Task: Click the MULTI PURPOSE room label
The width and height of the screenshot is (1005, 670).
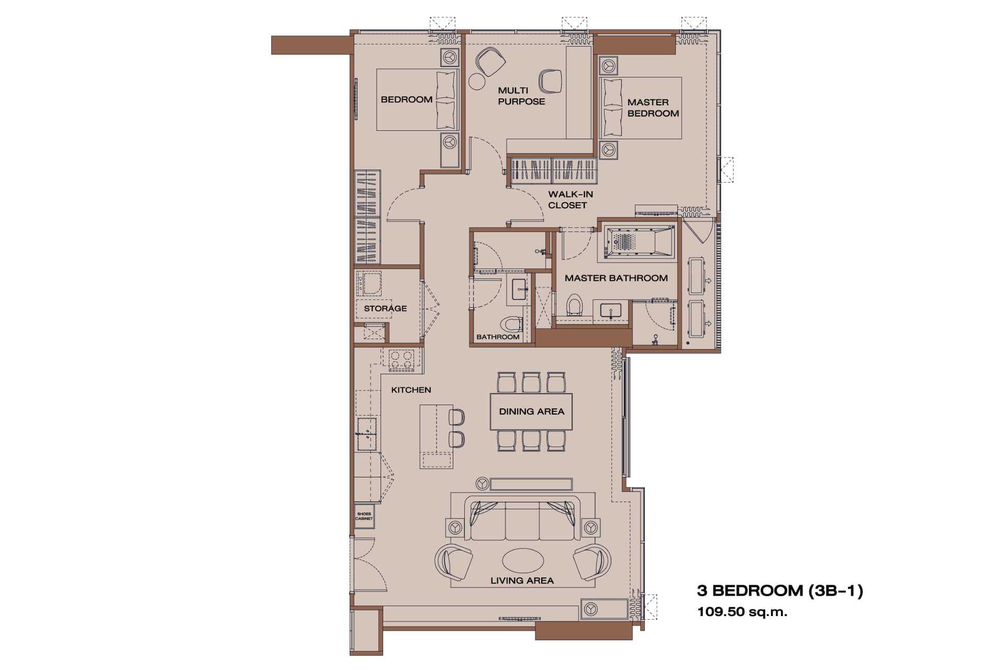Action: point(521,96)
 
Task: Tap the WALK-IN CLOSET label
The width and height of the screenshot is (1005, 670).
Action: point(571,199)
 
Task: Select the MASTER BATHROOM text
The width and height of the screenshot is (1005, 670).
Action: point(616,278)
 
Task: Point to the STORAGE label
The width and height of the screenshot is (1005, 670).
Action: point(385,308)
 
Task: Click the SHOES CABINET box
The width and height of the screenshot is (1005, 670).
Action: point(364,516)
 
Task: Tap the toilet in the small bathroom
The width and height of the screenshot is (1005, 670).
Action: point(511,324)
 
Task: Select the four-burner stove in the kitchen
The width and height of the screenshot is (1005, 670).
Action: point(401,360)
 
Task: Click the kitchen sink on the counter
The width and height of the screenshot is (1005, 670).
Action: point(367,433)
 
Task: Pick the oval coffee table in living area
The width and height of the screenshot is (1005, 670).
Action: point(522,561)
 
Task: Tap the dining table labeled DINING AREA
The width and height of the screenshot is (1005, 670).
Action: point(531,411)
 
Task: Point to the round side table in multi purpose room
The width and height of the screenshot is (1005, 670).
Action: point(477,82)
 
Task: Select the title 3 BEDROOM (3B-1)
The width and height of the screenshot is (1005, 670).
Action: point(780,591)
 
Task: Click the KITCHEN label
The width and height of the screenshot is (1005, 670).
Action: point(411,390)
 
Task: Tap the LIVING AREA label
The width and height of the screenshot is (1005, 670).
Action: point(522,580)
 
